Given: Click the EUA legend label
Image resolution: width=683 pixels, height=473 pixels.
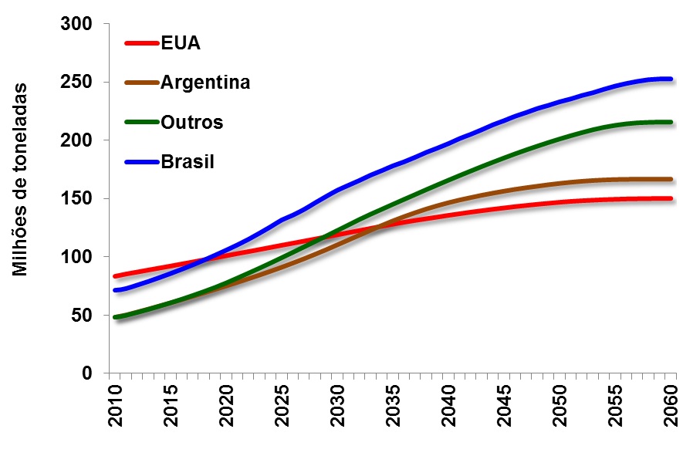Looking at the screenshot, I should (x=181, y=43).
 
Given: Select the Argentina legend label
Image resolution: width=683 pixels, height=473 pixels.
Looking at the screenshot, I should (x=205, y=83).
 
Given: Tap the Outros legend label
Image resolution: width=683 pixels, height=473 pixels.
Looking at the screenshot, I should (x=192, y=122).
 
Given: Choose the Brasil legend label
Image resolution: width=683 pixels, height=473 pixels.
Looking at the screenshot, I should (x=188, y=162).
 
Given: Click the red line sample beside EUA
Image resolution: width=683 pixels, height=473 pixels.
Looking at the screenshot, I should (x=142, y=43).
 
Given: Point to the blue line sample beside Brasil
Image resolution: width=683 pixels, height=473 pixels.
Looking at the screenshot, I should (x=142, y=162).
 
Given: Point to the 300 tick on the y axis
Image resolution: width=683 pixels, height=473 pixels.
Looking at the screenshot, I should (x=78, y=24).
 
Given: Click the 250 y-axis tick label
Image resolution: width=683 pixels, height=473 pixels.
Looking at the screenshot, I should (x=78, y=83).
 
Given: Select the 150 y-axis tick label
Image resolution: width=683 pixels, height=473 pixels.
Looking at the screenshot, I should (x=78, y=199).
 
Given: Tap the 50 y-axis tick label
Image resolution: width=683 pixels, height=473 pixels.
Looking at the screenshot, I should (x=83, y=316).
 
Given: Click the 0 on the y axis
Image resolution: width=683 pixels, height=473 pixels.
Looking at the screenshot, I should (x=88, y=373).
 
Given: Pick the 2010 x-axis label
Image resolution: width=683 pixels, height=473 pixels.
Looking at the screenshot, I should (x=114, y=405).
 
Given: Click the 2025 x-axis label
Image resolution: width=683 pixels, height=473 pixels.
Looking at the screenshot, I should (x=283, y=405).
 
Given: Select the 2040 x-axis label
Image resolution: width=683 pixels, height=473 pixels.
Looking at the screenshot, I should (x=451, y=405).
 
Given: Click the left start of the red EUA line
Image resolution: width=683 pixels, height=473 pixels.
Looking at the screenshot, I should (x=114, y=275).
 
